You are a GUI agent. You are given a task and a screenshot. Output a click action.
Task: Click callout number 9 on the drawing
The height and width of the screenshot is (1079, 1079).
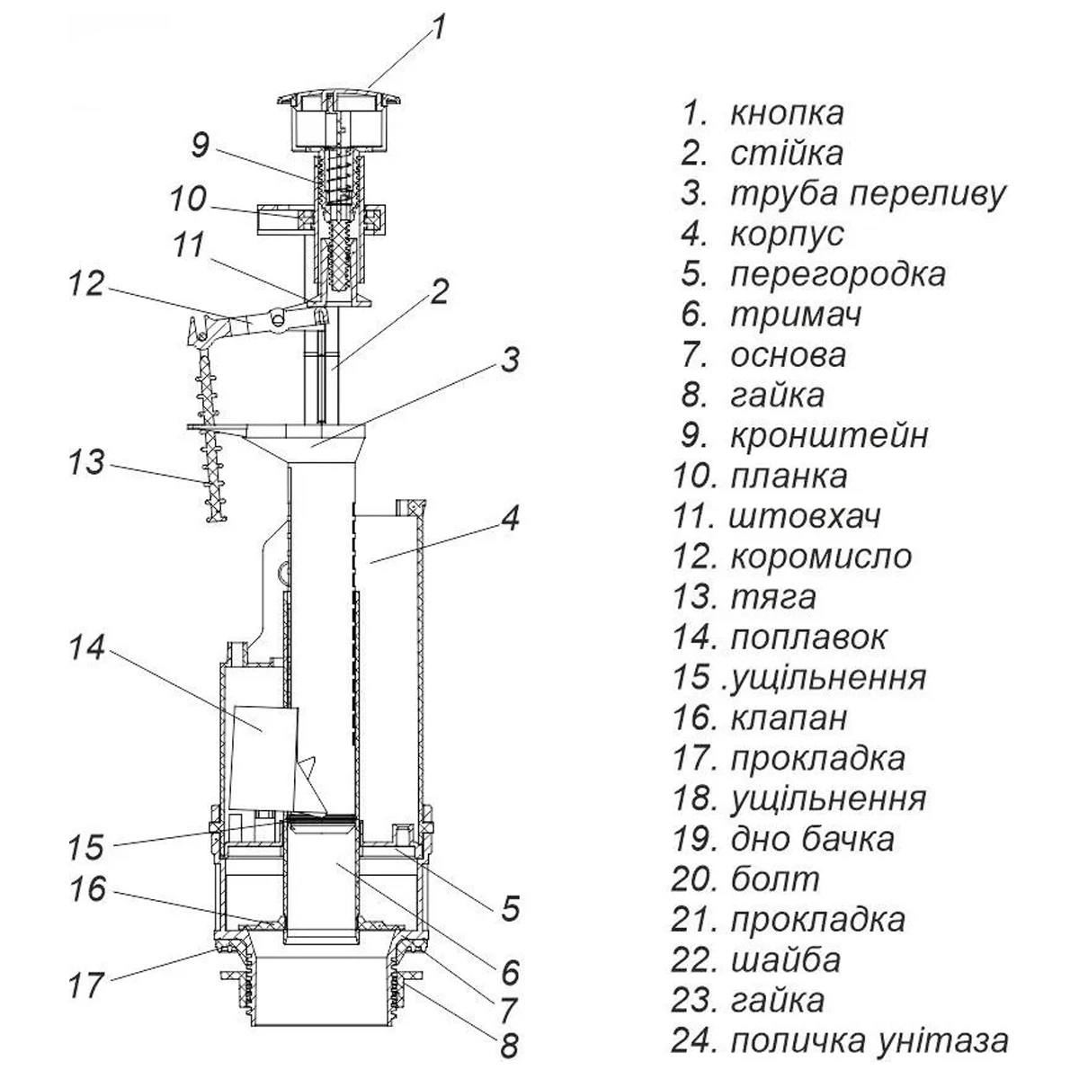(x=200, y=145)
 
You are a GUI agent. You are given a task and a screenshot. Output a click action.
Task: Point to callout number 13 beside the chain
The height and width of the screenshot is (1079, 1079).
(x=86, y=465)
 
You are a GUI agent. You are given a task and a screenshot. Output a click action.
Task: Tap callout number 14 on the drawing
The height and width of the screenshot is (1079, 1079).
(x=87, y=649)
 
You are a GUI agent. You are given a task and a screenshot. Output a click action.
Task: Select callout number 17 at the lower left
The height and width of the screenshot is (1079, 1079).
(x=86, y=985)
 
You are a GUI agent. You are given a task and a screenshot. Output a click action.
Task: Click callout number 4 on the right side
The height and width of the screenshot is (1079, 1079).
(x=509, y=519)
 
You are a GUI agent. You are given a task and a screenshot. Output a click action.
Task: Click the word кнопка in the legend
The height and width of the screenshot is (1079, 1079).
(x=787, y=114)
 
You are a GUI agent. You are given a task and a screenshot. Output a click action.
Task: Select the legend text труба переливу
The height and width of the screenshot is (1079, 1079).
(x=868, y=194)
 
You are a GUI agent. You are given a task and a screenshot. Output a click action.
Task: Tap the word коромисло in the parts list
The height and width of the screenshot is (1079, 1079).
(x=821, y=557)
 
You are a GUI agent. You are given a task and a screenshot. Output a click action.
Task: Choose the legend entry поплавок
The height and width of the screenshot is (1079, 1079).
(x=808, y=637)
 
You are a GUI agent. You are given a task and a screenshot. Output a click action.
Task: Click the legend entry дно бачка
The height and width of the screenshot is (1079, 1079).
(x=812, y=839)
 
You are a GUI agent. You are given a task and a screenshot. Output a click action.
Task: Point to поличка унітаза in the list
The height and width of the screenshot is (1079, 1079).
(x=869, y=1041)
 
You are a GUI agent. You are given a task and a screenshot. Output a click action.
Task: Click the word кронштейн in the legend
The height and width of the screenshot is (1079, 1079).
(x=828, y=436)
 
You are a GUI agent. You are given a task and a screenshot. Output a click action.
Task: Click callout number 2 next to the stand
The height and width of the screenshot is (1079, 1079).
(x=438, y=291)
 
